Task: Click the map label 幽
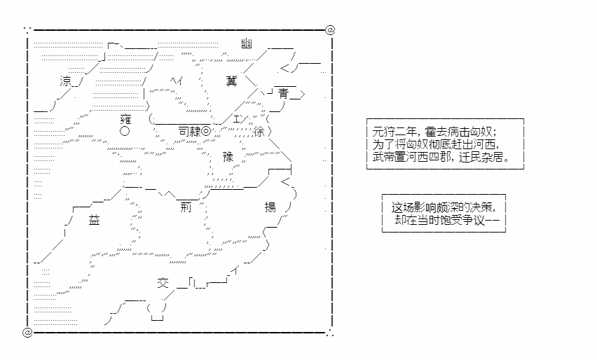tap(247, 43)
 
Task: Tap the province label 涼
tap(65, 81)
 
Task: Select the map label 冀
tap(231, 81)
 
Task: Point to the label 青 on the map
tap(283, 94)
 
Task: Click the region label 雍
tap(125, 119)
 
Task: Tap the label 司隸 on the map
tap(190, 132)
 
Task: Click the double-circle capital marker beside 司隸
tap(205, 132)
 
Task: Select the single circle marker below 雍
tap(125, 132)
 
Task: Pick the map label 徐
tap(259, 132)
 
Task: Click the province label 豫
tap(228, 157)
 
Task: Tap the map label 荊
tap(186, 207)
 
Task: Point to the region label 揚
tap(270, 207)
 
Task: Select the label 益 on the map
tap(94, 220)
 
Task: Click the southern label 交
tap(163, 283)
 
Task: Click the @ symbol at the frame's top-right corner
tap(330, 29)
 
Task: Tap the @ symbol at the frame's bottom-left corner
tap(27, 332)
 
